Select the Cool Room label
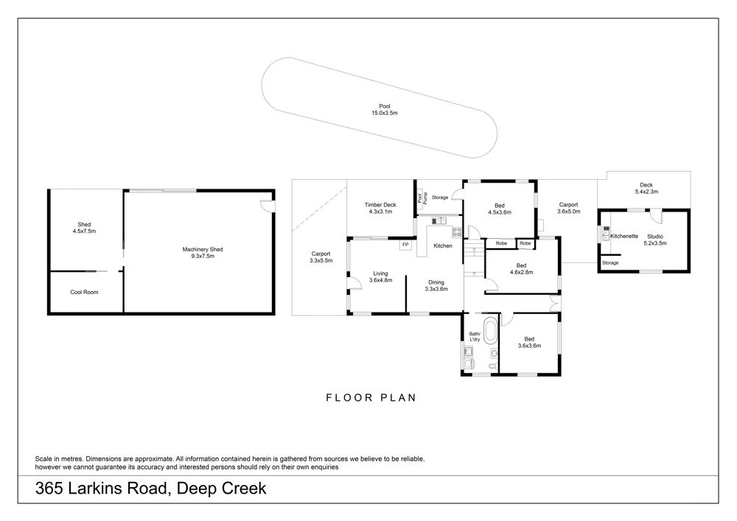85,293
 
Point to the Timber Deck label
380,209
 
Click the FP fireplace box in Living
405,245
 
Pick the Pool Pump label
422,197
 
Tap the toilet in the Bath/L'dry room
492,363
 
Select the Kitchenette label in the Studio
624,236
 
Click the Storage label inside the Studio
609,263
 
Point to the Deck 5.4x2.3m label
646,188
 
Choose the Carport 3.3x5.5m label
321,257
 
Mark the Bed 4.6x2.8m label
521,268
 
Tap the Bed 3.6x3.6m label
529,342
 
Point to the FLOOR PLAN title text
371,398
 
